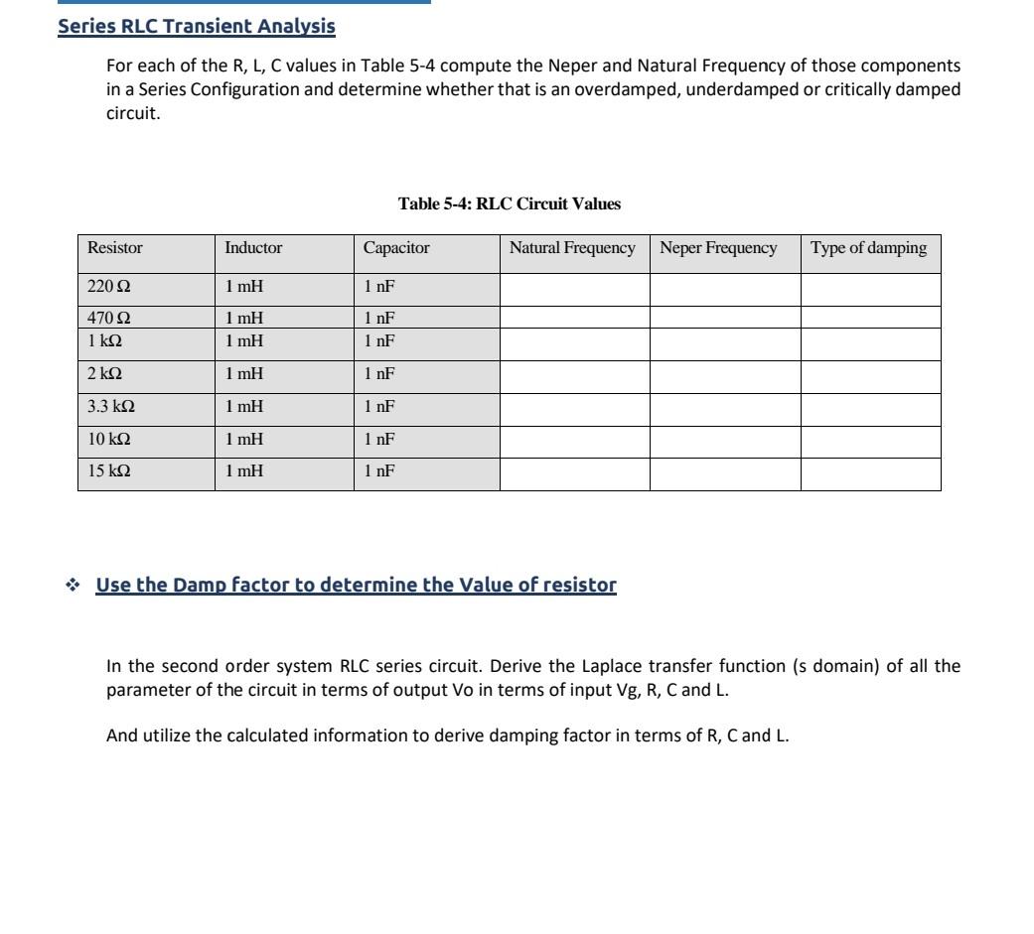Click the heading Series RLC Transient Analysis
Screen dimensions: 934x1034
(x=197, y=26)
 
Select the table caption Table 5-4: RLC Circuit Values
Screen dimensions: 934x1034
(x=509, y=203)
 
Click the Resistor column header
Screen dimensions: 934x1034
(x=115, y=248)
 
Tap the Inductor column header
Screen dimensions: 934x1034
(x=253, y=248)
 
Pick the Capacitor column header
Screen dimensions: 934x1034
(x=396, y=248)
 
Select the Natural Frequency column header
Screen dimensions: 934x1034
(x=572, y=248)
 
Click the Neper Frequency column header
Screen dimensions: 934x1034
(x=718, y=248)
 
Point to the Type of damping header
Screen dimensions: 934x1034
(x=868, y=248)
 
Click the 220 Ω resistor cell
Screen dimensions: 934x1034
(x=109, y=286)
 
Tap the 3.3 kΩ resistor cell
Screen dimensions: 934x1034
(x=111, y=407)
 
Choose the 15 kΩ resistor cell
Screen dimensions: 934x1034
(x=109, y=471)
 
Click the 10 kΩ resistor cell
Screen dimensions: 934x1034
(x=109, y=439)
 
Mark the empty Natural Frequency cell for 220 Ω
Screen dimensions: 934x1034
(x=574, y=289)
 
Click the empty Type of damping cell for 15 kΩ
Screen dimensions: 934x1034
(x=870, y=473)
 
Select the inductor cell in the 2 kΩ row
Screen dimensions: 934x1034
(x=243, y=374)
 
